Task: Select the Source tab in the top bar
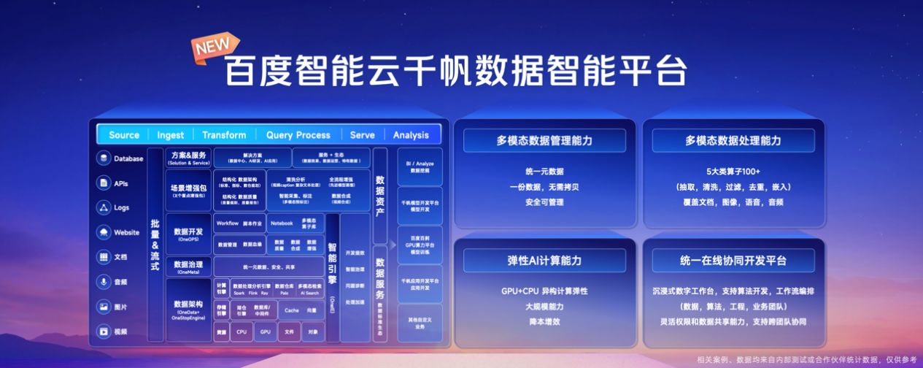(124, 135)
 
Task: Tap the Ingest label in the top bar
(171, 135)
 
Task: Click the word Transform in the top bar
(224, 135)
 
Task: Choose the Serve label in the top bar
(362, 135)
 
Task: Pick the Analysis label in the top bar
(411, 135)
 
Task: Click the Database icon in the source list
(104, 158)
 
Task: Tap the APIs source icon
(104, 183)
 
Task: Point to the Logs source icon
(104, 208)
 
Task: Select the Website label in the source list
(126, 232)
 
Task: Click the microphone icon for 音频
(104, 282)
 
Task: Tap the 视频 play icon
(104, 331)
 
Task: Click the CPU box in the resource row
(242, 331)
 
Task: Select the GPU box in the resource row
(265, 331)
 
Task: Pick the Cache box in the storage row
(291, 310)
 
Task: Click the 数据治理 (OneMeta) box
(188, 267)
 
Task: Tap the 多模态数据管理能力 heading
(544, 140)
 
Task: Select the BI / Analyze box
(419, 166)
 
